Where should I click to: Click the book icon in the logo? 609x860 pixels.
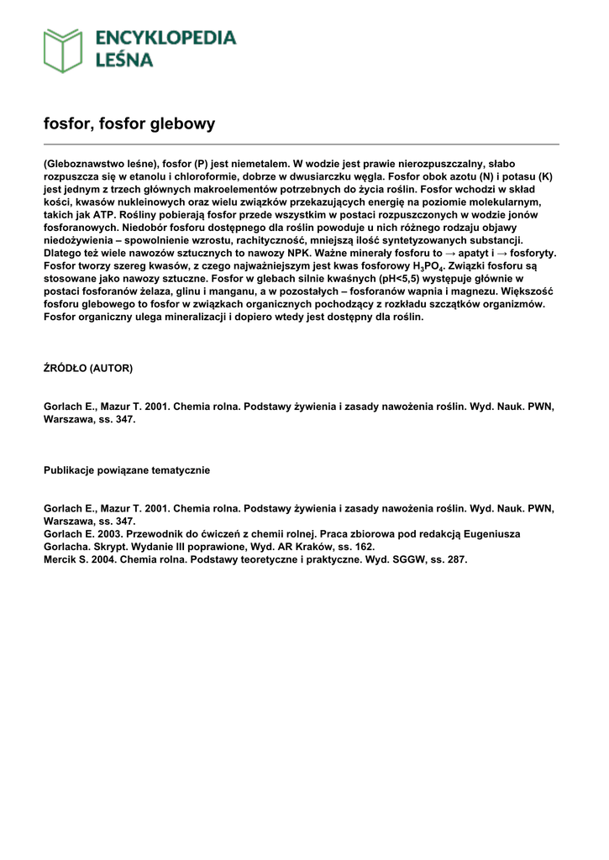point(63,50)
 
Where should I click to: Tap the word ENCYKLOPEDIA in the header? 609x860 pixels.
point(166,38)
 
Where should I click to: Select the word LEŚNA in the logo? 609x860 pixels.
point(124,60)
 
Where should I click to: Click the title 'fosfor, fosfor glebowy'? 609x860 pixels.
point(129,124)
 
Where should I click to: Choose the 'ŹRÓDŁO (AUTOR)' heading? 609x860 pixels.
point(88,368)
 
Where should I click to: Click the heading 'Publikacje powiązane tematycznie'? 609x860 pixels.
point(127,470)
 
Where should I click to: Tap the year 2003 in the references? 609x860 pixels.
point(108,534)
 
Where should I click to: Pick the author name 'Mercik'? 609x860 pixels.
point(61,559)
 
